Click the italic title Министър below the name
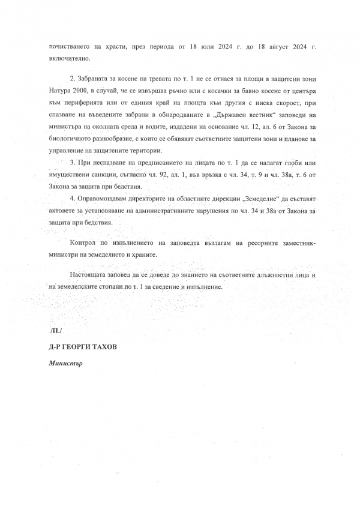65,364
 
